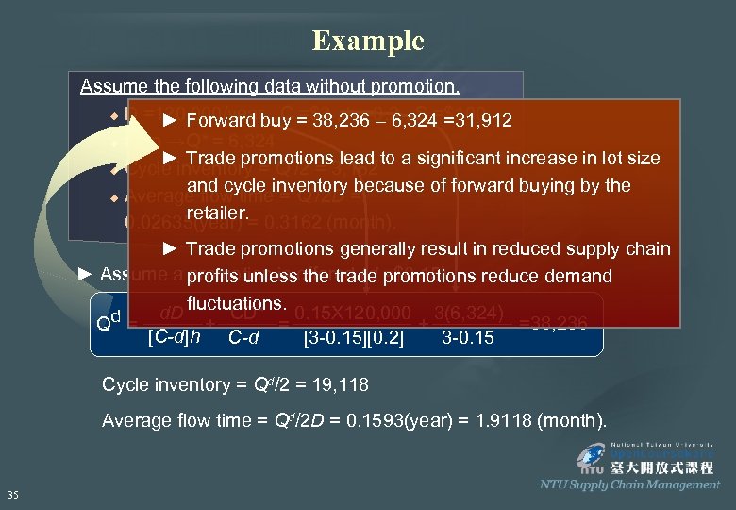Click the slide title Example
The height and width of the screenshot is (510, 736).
(368, 42)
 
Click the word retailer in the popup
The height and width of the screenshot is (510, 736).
(219, 213)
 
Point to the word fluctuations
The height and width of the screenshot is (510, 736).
(237, 304)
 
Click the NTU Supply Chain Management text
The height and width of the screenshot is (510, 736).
(629, 484)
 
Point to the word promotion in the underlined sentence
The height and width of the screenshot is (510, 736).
(417, 87)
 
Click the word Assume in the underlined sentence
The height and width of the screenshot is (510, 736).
(109, 87)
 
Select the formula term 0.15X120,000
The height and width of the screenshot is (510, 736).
(353, 313)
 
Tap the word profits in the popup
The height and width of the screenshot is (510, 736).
(214, 277)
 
